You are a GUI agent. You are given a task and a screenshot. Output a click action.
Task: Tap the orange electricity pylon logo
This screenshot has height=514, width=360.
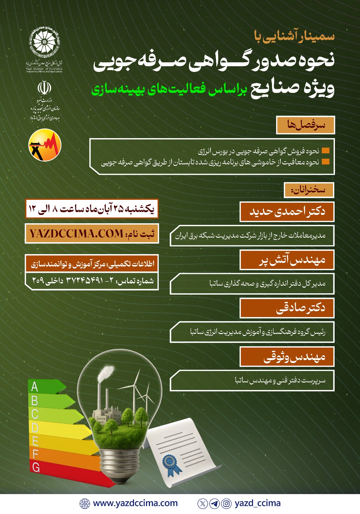(45, 145)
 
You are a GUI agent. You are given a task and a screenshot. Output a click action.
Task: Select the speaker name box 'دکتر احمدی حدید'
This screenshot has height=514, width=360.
(287, 212)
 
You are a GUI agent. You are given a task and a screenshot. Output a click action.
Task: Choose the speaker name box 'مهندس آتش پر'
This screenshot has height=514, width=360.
(287, 260)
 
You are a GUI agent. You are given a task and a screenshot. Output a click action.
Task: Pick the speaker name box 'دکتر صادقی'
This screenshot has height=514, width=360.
(287, 308)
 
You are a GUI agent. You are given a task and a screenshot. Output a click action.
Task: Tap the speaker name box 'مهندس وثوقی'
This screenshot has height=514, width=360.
(287, 357)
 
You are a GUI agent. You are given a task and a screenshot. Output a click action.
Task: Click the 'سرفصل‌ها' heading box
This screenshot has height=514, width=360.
(306, 125)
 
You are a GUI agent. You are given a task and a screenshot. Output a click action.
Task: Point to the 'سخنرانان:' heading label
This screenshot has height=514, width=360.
(309, 190)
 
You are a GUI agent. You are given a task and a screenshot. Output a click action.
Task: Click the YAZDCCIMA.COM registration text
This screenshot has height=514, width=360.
(76, 234)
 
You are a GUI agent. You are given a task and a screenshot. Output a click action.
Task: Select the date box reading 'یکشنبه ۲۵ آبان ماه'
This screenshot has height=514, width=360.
(92, 209)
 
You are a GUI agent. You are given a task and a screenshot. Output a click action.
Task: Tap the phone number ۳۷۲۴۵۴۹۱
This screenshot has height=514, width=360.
(85, 281)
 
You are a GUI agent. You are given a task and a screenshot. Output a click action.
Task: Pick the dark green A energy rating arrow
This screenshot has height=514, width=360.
(45, 387)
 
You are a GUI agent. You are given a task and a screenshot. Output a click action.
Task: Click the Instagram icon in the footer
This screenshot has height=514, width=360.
(226, 504)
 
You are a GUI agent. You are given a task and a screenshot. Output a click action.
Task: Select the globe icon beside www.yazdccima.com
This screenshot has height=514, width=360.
(85, 504)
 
